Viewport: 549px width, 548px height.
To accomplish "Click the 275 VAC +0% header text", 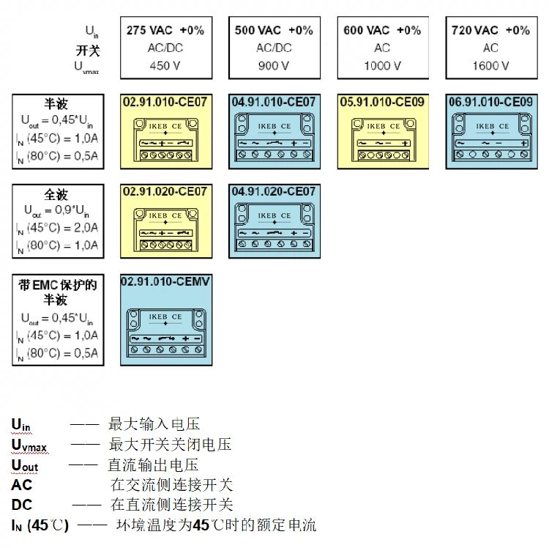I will click(165, 30).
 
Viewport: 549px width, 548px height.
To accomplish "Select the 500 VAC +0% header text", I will click(274, 30).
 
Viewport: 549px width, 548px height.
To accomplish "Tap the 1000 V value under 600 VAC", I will click(382, 65).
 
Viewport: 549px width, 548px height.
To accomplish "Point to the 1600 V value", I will click(490, 65).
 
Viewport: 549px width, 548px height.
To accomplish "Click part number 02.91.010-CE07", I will click(165, 101).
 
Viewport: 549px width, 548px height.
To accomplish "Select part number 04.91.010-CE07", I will click(274, 101).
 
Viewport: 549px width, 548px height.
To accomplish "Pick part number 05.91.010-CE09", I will click(382, 101).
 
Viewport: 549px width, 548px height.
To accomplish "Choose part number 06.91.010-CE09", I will click(490, 101).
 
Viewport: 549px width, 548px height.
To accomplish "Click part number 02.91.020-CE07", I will click(165, 191).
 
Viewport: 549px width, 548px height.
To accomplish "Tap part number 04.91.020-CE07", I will click(274, 191).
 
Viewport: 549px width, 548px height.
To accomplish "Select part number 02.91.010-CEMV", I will click(165, 282).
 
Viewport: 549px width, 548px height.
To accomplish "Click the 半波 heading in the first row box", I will click(56, 104).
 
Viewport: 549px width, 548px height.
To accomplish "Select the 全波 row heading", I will click(56, 195).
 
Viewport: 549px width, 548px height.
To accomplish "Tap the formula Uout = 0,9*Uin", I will click(56, 211).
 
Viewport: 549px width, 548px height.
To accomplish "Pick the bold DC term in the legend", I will click(22, 505).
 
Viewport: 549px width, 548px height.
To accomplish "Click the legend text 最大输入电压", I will click(154, 424).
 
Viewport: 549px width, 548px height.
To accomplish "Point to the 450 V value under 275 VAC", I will click(165, 65).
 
